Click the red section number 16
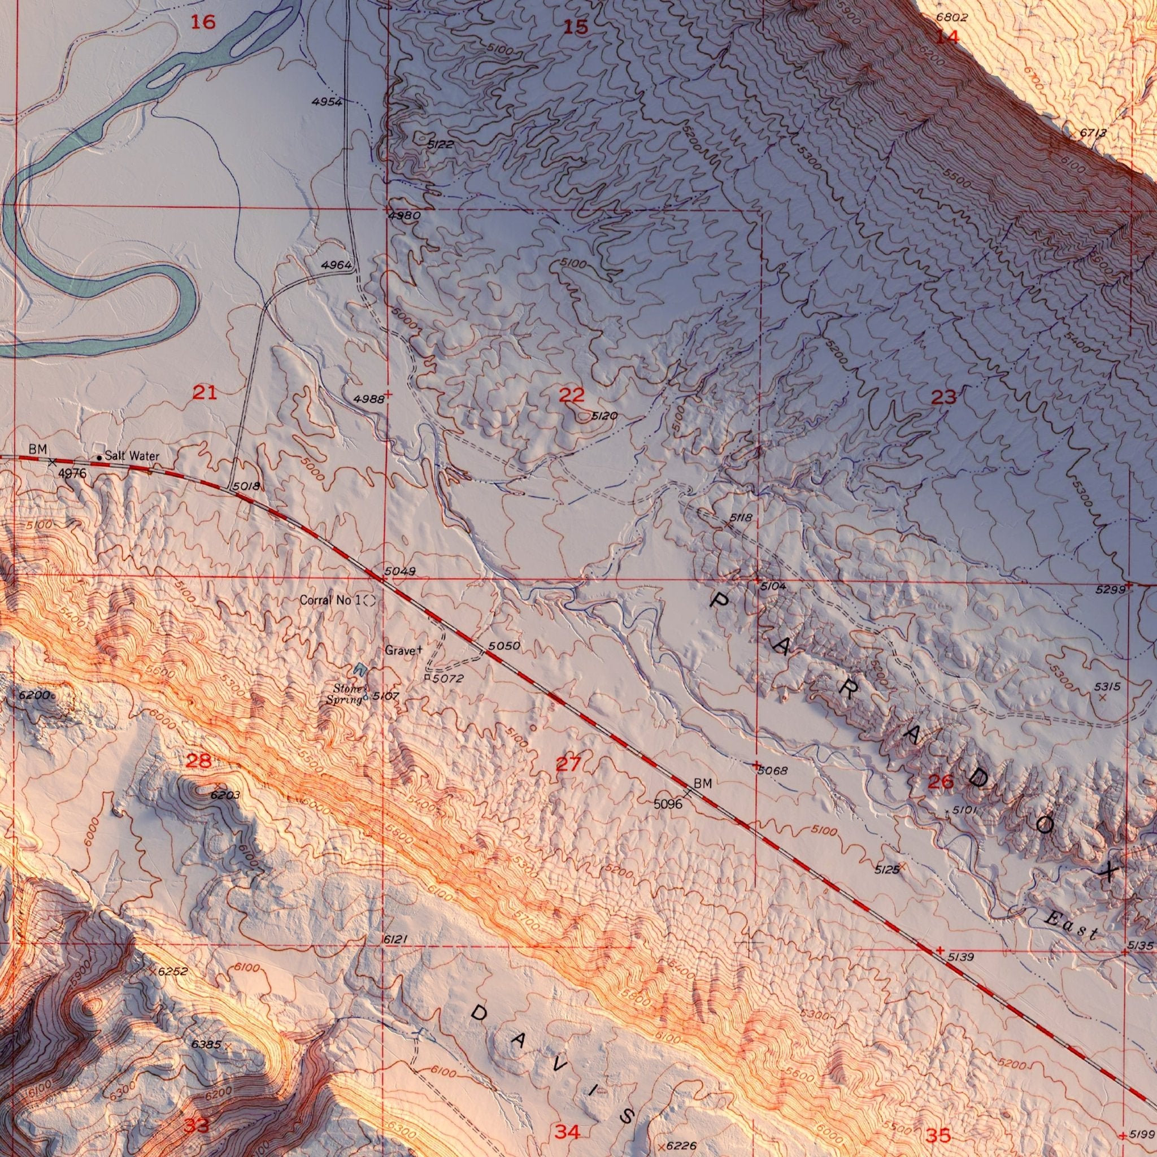click(x=202, y=23)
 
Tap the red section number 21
click(x=204, y=393)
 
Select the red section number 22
click(x=571, y=395)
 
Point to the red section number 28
click(x=198, y=761)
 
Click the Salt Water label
click(x=132, y=456)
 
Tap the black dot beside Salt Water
click(x=99, y=458)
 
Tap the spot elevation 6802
click(x=952, y=19)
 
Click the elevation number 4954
click(x=327, y=102)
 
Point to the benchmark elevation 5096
click(x=667, y=804)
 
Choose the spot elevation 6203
click(x=225, y=795)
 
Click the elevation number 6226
click(x=681, y=1146)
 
